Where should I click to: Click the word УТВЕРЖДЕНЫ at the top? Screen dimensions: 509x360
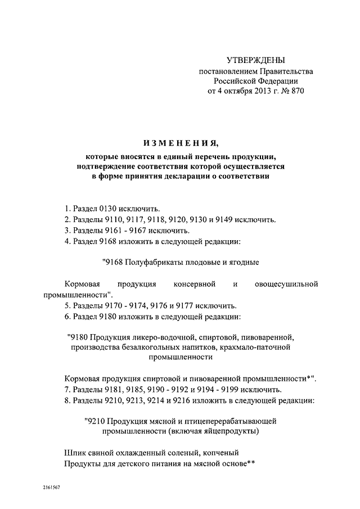click(255, 60)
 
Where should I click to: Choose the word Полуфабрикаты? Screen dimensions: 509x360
click(149, 262)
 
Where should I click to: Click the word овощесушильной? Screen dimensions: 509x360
click(286, 284)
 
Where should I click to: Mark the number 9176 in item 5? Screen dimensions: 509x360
click(172, 306)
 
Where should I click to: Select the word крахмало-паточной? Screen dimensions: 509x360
click(256, 347)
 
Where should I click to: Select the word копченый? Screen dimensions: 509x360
click(222, 452)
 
